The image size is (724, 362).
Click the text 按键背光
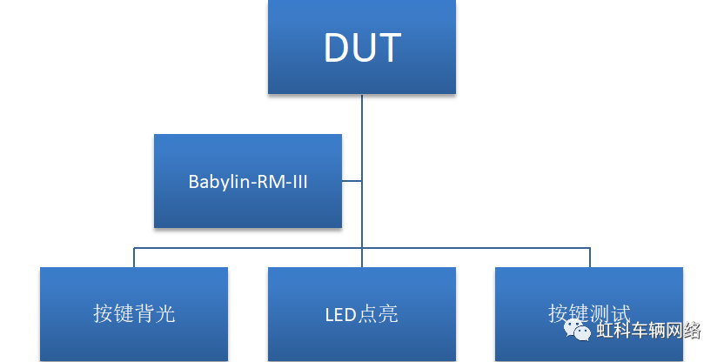(134, 313)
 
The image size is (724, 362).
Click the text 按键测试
(588, 312)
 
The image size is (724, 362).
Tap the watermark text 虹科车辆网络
(648, 331)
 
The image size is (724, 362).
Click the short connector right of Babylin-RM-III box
(352, 181)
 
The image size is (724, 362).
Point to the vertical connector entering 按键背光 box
(134, 258)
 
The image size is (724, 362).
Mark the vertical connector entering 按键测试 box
(590, 258)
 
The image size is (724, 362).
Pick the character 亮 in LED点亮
(389, 313)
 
